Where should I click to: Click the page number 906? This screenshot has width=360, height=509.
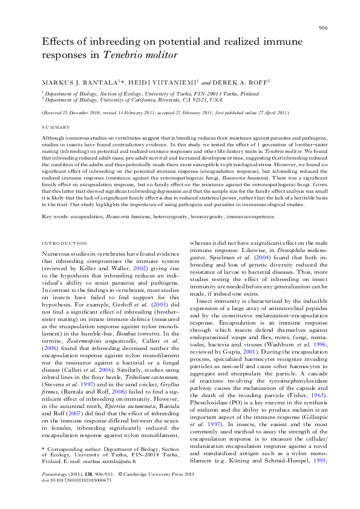(x=323, y=28)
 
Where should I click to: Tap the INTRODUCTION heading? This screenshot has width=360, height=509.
(x=65, y=243)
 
